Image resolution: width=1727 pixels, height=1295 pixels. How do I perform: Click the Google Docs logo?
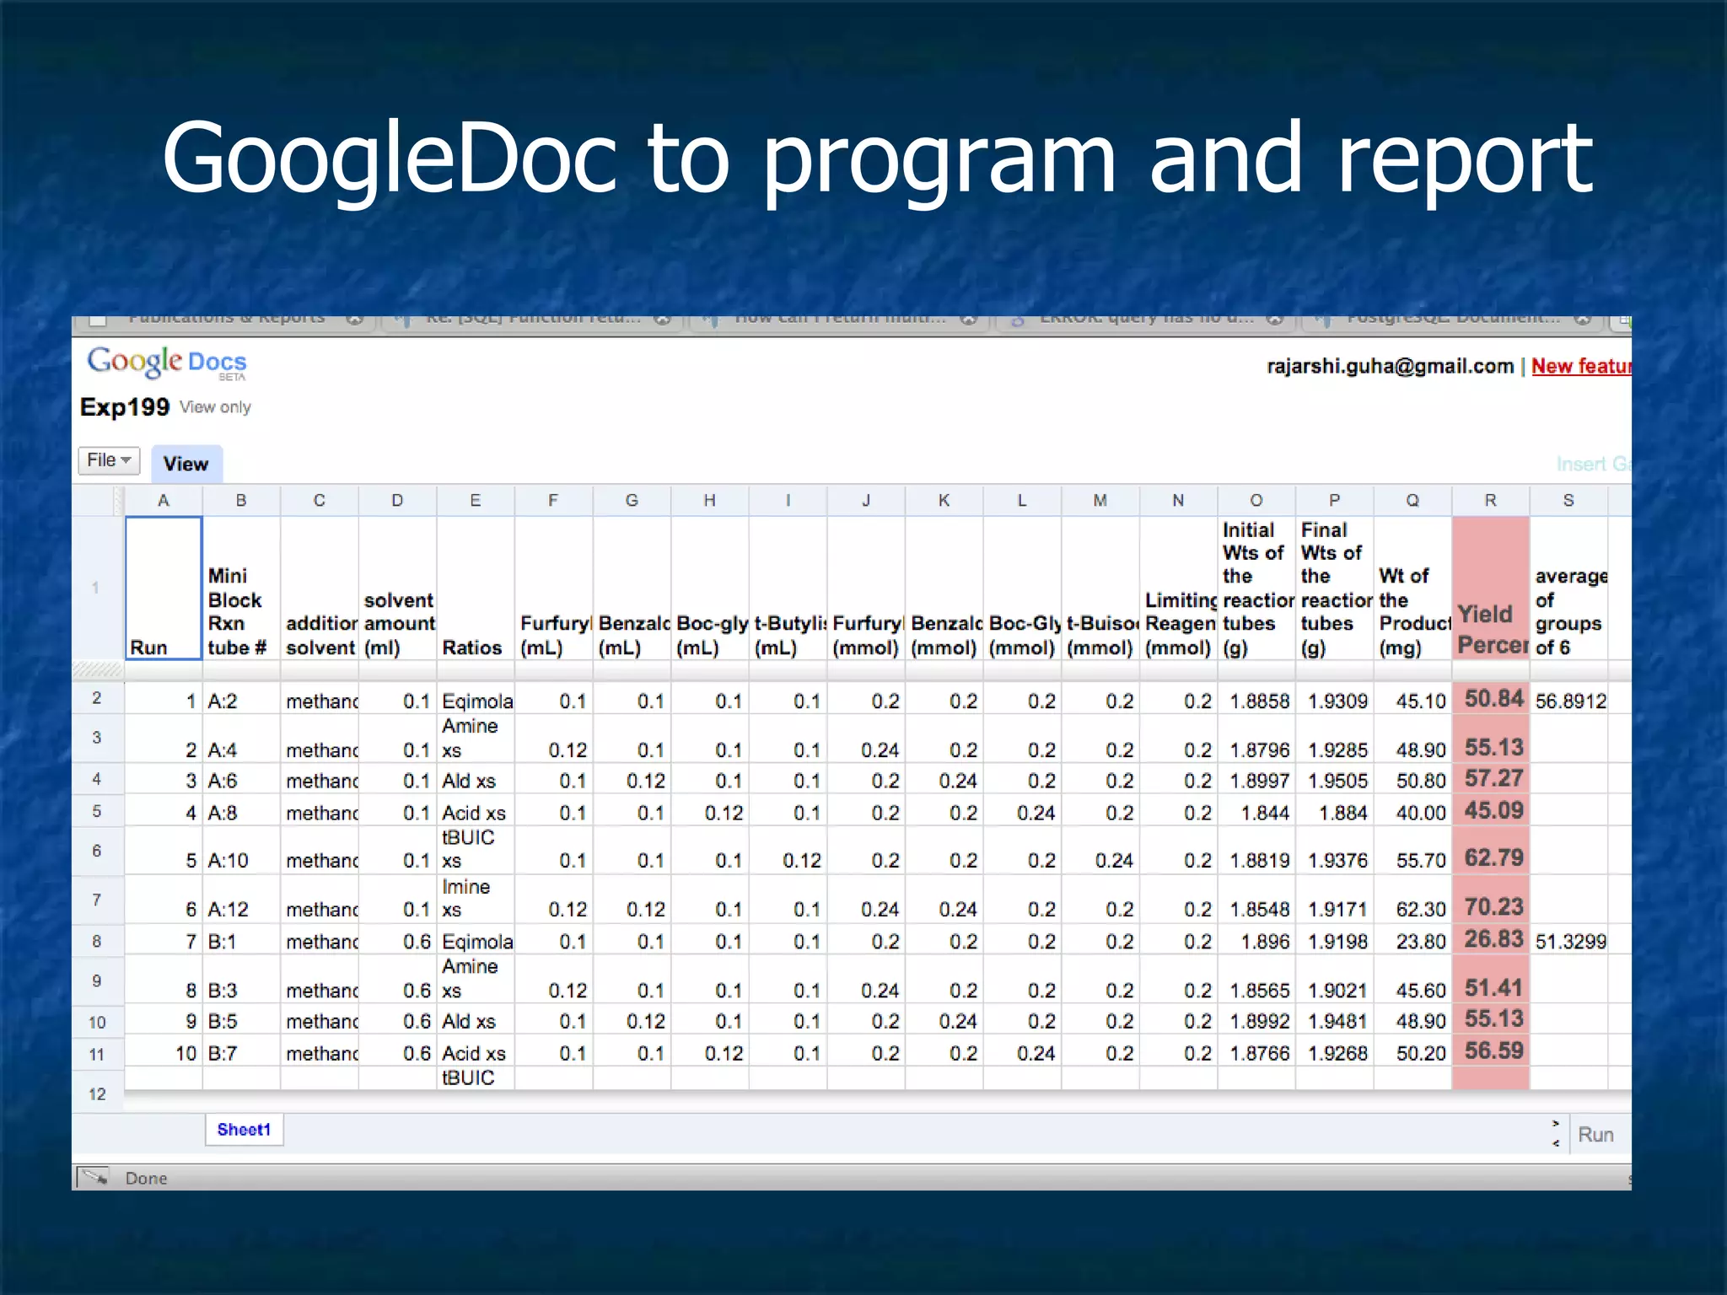[167, 363]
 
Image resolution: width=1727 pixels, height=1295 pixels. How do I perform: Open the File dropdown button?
[109, 460]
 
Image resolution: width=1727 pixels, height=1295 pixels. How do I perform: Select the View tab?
[186, 464]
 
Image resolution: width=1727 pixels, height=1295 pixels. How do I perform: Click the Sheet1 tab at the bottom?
[244, 1130]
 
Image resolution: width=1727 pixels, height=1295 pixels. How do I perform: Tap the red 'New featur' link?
[1580, 366]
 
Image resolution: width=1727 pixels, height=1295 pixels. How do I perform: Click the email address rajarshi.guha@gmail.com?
[1390, 366]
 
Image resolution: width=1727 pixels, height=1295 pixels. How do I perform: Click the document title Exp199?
[125, 407]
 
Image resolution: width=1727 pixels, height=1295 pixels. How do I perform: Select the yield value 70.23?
[1493, 907]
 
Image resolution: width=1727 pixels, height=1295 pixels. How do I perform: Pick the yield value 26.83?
[1493, 939]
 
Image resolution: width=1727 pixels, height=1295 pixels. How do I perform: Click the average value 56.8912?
[1570, 701]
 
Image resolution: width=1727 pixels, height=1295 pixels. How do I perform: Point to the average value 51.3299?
[1570, 942]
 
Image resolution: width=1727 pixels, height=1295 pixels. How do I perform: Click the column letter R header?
[1490, 501]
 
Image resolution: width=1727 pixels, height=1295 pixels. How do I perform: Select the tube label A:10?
[229, 861]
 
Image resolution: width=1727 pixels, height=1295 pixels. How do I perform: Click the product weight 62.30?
[1421, 910]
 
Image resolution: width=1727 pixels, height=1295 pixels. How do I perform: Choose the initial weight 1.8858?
[1259, 701]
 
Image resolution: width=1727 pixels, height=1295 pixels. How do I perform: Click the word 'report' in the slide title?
[1465, 159]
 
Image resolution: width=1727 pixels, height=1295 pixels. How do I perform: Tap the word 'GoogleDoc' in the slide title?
[389, 159]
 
